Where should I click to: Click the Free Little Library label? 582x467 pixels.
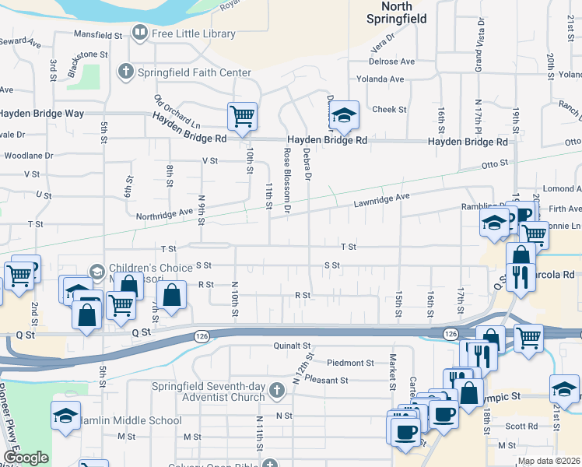[192, 33]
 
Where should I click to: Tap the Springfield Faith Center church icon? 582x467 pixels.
[124, 72]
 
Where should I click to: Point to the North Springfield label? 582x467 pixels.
[398, 13]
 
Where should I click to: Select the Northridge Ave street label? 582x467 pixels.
[163, 214]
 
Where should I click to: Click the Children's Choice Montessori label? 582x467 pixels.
[150, 273]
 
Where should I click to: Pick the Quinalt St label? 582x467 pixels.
[292, 345]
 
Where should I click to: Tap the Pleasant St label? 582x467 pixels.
[326, 380]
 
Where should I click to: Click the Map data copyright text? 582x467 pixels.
[548, 461]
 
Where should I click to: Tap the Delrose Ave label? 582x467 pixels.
[391, 61]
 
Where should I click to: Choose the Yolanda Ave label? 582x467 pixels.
[380, 79]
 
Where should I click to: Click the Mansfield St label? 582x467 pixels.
[98, 35]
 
